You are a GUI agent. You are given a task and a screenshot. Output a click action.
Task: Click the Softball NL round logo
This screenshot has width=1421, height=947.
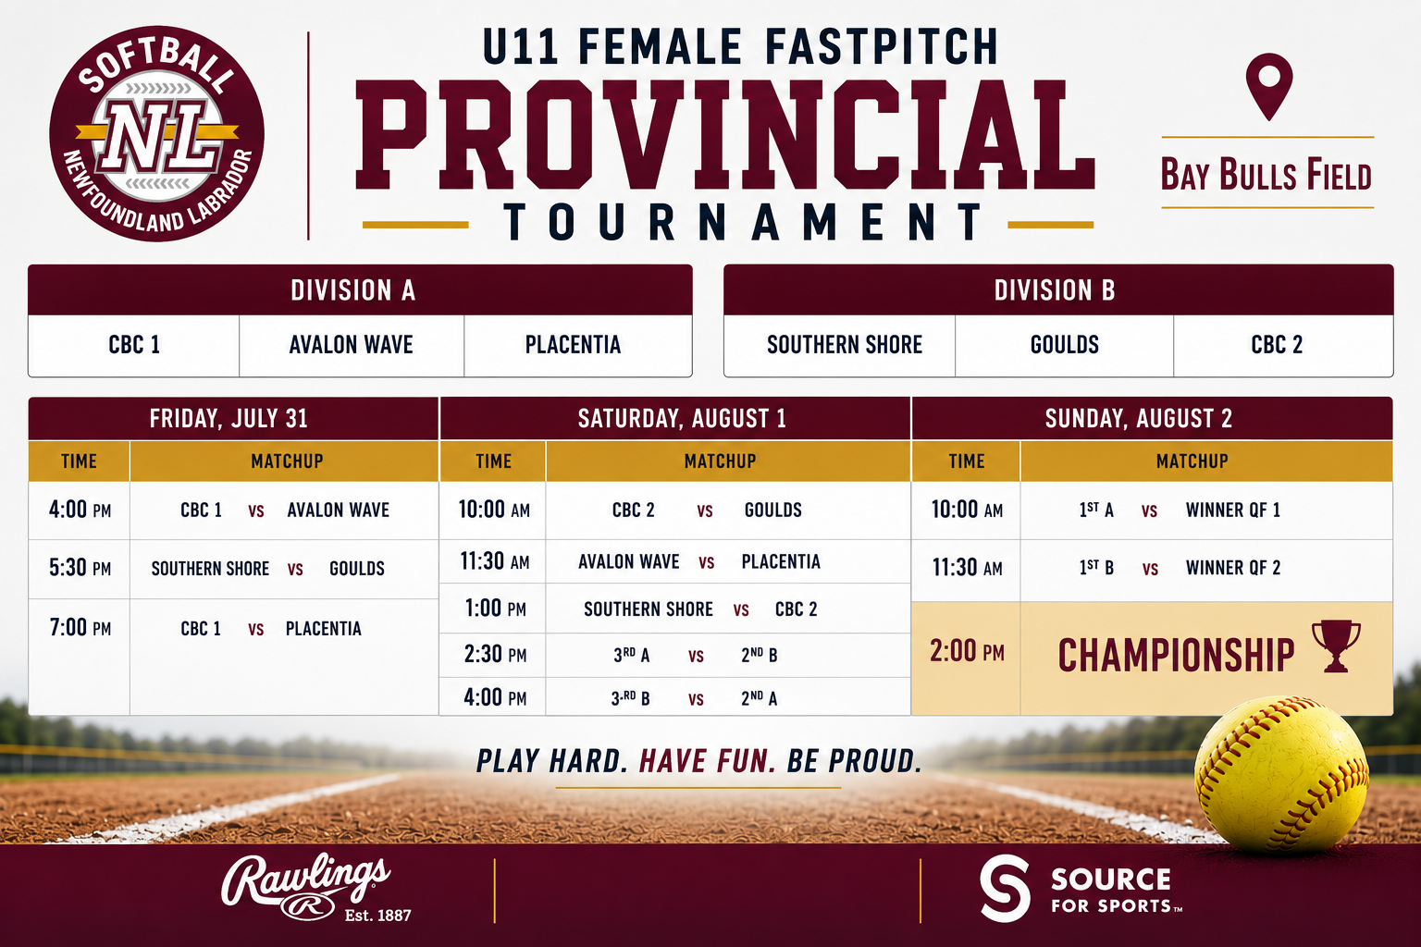pos(156,134)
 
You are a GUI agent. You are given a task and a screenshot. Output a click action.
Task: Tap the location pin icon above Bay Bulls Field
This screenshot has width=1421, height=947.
pos(1268,87)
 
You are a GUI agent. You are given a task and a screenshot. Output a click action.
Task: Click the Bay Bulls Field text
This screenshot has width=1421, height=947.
pos(1267,175)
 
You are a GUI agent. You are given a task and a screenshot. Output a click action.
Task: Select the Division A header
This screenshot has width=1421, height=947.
pos(353,290)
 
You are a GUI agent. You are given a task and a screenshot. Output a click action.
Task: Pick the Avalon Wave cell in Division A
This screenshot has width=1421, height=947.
pos(352,345)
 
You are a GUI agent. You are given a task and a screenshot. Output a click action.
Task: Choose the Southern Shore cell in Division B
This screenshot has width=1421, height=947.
pos(845,345)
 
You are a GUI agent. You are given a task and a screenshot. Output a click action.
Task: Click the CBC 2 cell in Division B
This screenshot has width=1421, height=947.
pos(1277,345)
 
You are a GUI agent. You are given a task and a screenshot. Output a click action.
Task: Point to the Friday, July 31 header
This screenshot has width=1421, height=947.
pos(229,419)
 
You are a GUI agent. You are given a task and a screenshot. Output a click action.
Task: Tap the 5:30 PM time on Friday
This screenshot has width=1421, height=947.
pos(80,568)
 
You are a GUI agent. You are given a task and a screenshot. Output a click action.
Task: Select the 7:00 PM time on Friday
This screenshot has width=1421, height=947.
pos(80,627)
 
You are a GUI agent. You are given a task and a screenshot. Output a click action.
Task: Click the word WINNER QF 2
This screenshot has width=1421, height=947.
pos(1233,568)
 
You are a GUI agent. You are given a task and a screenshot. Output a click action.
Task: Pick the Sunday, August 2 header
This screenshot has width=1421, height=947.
pos(1139,419)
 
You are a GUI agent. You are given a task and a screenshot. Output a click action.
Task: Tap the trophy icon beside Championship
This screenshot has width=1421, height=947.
pos(1336,646)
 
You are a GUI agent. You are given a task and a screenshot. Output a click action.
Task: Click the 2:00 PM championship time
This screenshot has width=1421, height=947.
pos(967,651)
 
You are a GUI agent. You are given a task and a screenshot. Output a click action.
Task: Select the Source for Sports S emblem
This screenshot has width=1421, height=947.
pos(1005,888)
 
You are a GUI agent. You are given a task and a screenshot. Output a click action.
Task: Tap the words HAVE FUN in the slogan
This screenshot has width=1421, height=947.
pos(708,761)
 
